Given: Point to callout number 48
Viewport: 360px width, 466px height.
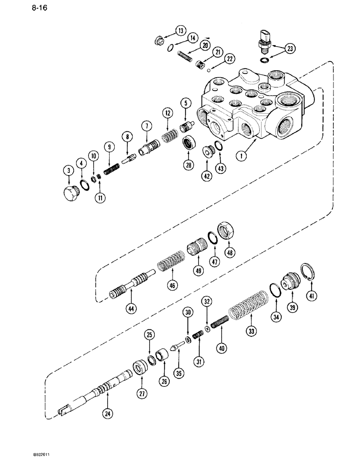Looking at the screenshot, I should pyautogui.click(x=230, y=253).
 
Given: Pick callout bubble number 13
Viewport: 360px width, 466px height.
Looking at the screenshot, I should pyautogui.click(x=180, y=31).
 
